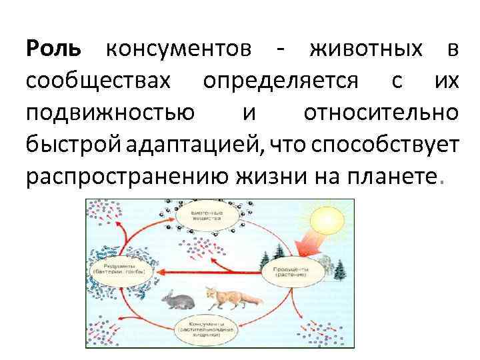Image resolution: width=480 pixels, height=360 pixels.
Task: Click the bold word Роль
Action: tap(53, 49)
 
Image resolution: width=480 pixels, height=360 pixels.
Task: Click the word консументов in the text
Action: tap(179, 49)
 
